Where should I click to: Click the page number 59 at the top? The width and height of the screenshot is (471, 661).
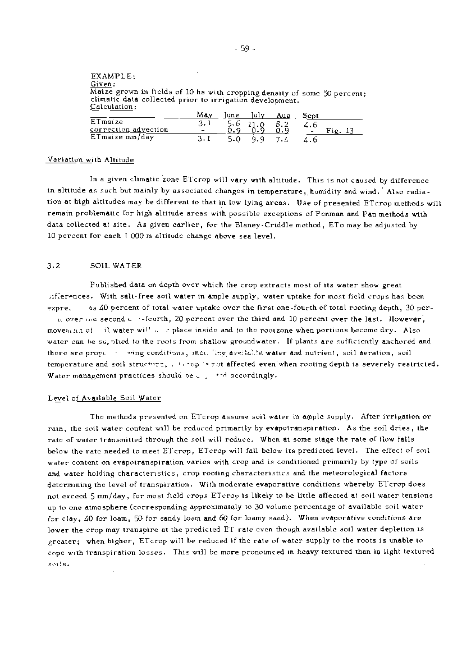244,48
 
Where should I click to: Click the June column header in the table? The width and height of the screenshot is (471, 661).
231,115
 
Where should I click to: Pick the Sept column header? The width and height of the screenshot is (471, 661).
310,115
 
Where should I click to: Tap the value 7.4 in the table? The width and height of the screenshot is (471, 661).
282,140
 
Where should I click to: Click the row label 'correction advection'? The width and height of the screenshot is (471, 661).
129,130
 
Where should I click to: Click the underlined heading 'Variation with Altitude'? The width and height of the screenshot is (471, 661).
90,160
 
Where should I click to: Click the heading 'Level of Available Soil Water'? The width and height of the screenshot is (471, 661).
104,398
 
